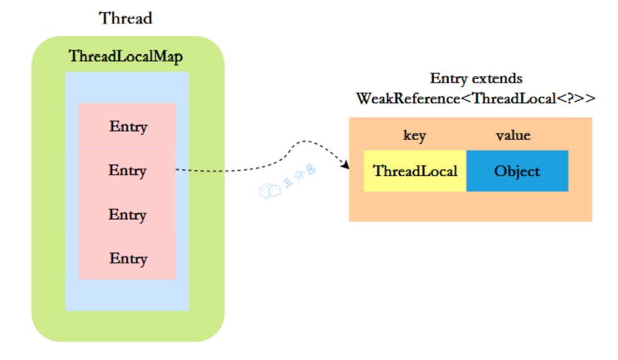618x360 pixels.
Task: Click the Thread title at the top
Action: pyautogui.click(x=126, y=18)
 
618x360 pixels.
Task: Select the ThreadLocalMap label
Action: pyautogui.click(x=126, y=57)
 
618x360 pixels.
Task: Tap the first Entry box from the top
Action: pyautogui.click(x=127, y=126)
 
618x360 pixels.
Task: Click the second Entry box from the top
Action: pyautogui.click(x=127, y=170)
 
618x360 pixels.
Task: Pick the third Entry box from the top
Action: pyautogui.click(x=127, y=214)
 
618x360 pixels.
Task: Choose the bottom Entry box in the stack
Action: pyautogui.click(x=127, y=258)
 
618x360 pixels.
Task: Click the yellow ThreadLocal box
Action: pyautogui.click(x=415, y=171)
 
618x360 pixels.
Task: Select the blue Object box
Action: pyautogui.click(x=517, y=171)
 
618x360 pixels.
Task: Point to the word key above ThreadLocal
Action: pyautogui.click(x=415, y=136)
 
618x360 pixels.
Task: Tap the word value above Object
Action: pyautogui.click(x=513, y=136)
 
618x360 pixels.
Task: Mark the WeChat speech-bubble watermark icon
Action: pyautogui.click(x=269, y=191)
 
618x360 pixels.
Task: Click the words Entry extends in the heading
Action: pyautogui.click(x=476, y=79)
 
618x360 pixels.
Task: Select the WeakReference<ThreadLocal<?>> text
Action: pyautogui.click(x=476, y=99)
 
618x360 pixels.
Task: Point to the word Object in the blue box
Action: pyautogui.click(x=517, y=171)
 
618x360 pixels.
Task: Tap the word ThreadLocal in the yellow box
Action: pyautogui.click(x=415, y=171)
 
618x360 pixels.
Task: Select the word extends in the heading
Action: pyautogui.click(x=497, y=79)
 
